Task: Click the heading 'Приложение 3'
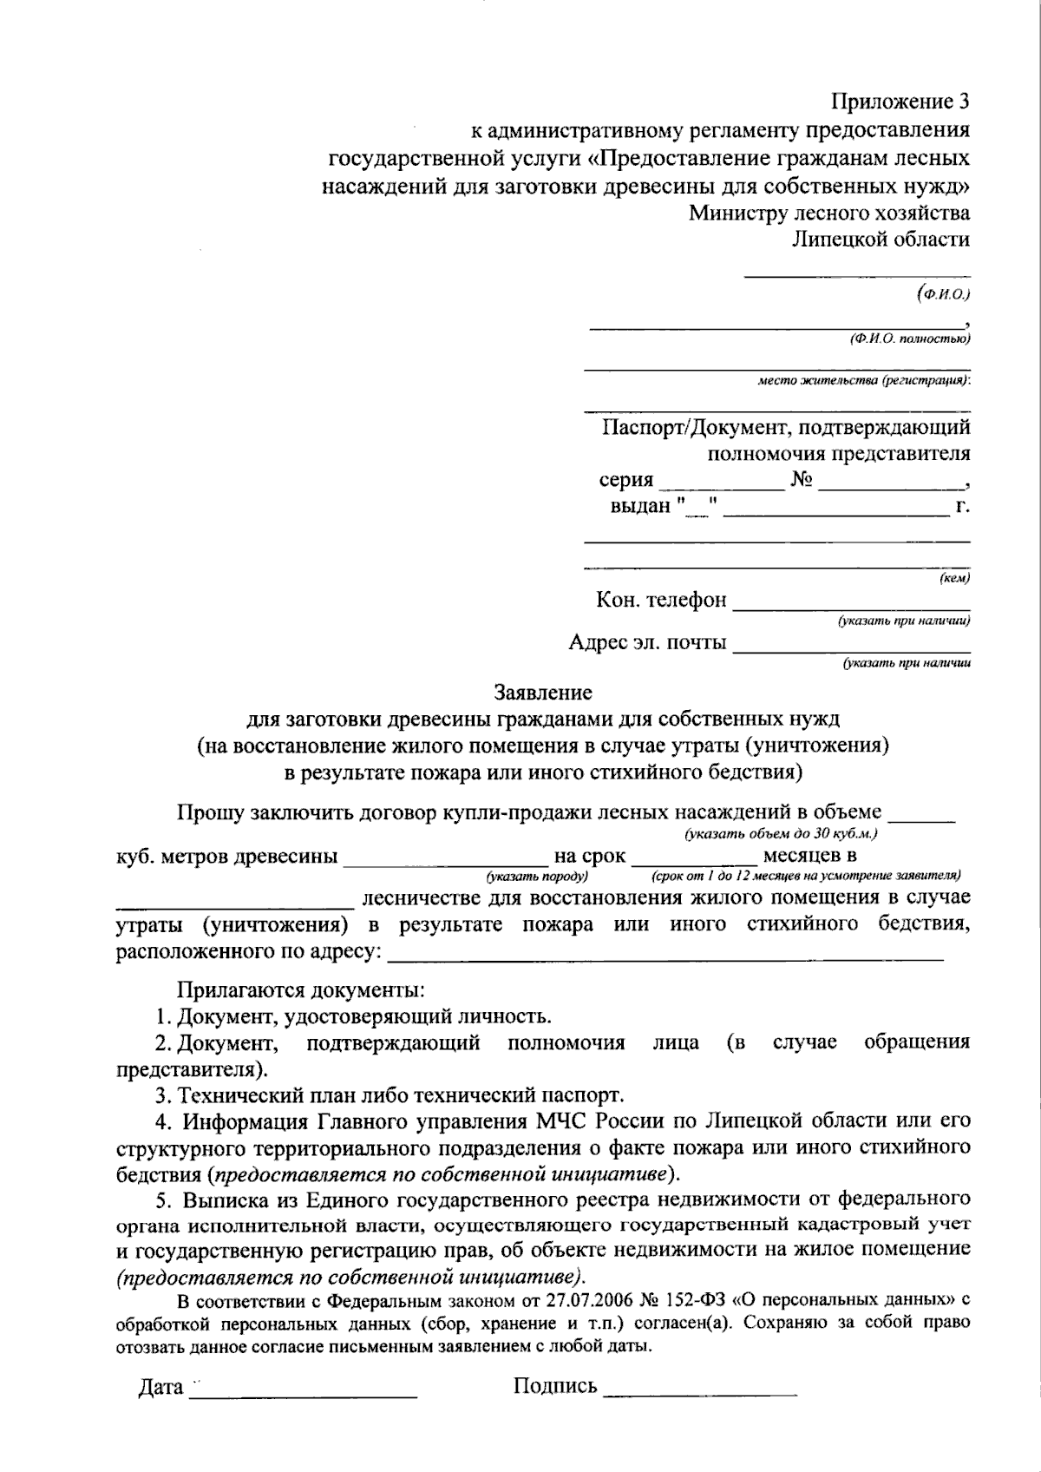900,102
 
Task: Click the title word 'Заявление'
543,693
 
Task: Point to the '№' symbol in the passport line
802,480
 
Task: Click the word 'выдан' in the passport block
640,506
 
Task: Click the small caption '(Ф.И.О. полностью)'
909,338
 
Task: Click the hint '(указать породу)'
537,877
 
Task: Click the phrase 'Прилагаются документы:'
301,989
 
